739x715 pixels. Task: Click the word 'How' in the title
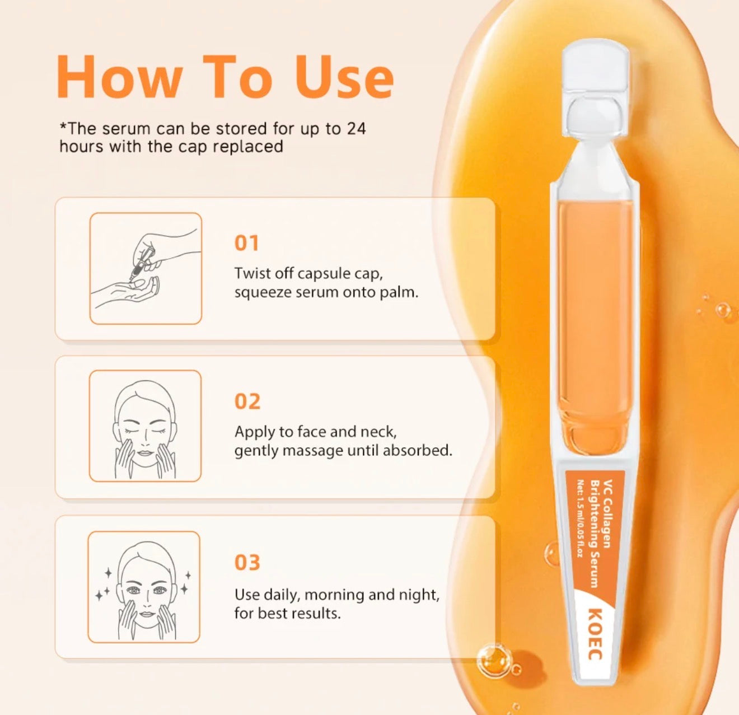tap(119, 77)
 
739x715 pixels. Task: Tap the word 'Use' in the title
tap(344, 77)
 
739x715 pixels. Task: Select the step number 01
tap(246, 243)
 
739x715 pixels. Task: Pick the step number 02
tap(247, 401)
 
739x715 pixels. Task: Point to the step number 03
tap(247, 563)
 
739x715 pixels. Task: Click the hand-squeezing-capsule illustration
tap(146, 268)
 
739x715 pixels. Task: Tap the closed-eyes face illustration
tap(145, 426)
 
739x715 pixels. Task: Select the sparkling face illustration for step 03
tap(144, 587)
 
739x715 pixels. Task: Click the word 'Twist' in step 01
tap(252, 273)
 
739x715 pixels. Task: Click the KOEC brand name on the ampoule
tap(596, 639)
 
